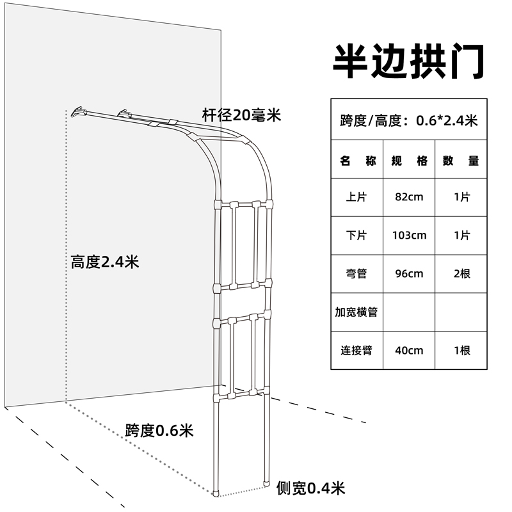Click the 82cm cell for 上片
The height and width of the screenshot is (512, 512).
[409, 197]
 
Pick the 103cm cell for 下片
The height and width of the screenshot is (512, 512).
[409, 236]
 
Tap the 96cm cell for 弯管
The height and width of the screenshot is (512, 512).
[409, 274]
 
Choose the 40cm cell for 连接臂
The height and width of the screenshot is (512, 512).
[409, 351]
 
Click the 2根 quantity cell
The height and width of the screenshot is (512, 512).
[461, 274]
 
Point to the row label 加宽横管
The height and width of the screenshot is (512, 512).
[356, 312]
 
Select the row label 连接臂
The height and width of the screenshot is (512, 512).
[356, 351]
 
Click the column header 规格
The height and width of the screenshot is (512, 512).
[409, 161]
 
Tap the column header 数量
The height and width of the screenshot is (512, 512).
[461, 161]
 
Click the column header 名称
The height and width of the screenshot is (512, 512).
[356, 161]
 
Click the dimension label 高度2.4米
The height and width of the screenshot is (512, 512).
[105, 262]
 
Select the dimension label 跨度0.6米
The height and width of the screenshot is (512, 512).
[159, 429]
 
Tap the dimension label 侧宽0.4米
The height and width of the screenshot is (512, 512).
[310, 489]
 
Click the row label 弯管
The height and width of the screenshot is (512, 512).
[356, 274]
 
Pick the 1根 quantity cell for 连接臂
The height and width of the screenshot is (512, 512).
[461, 351]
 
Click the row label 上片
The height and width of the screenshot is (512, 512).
[356, 197]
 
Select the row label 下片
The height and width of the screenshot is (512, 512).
[356, 236]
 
